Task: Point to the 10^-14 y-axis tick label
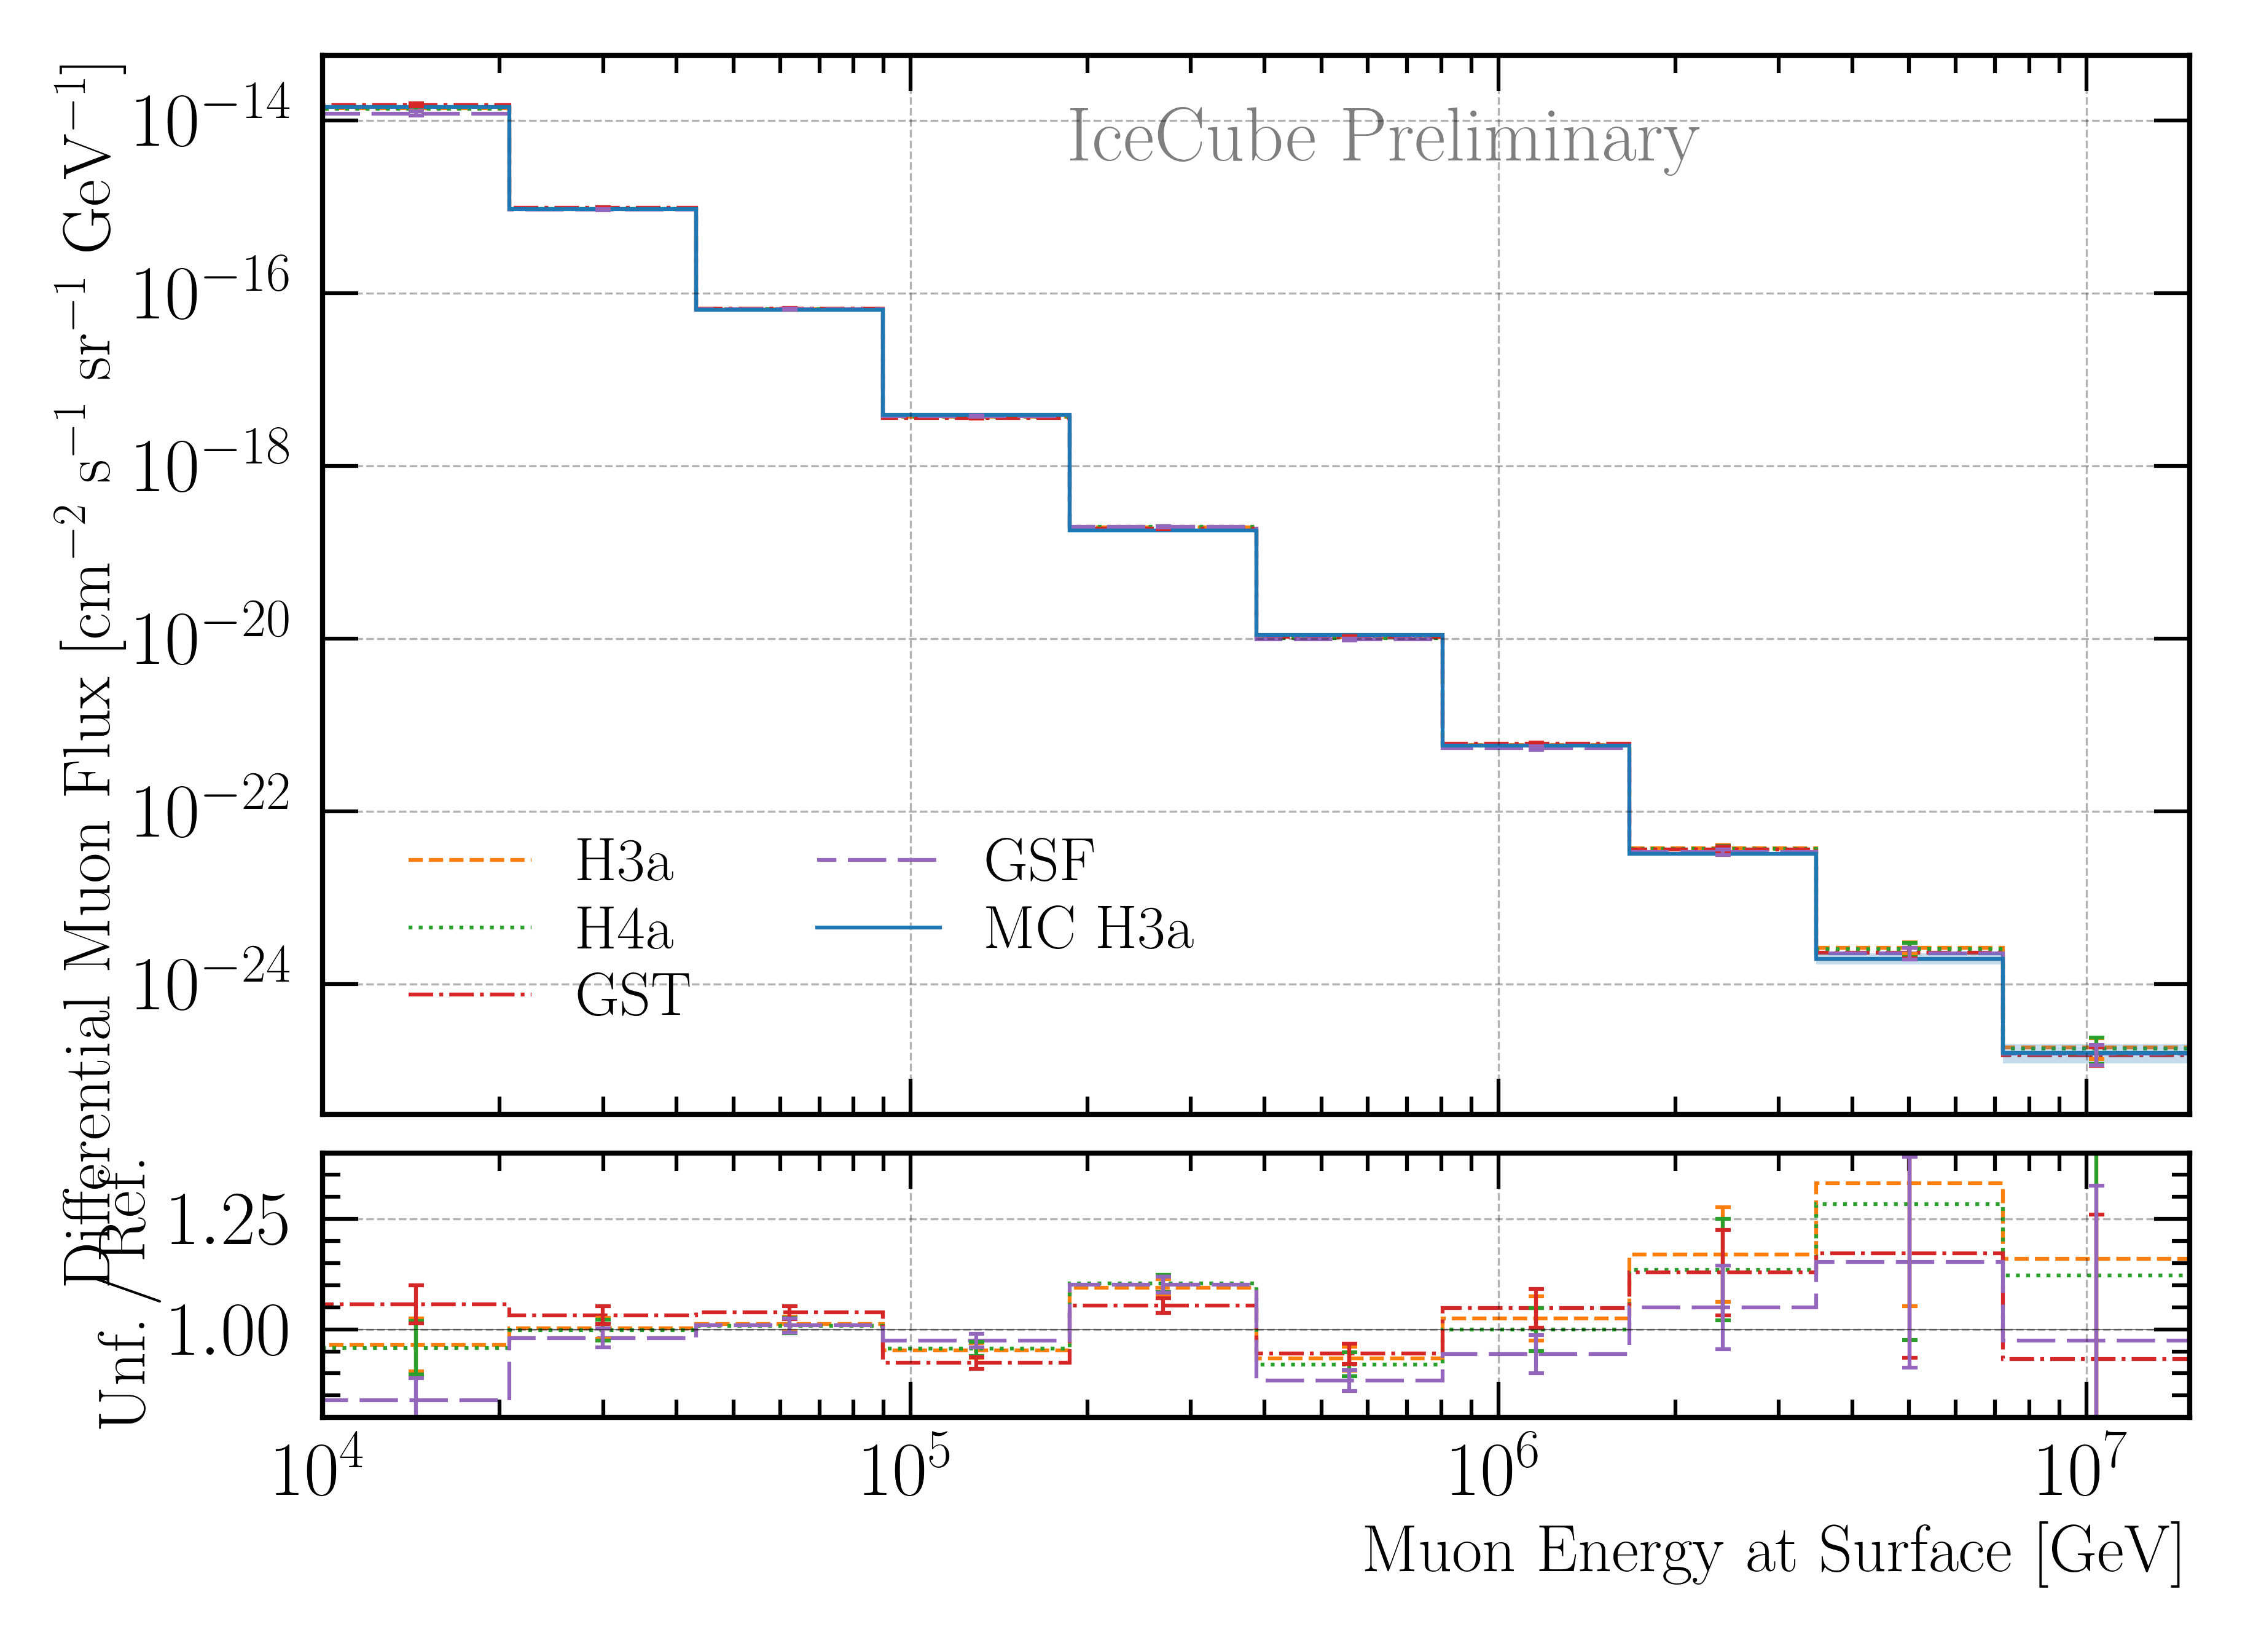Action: [x=210, y=119]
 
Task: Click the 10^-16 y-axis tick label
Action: [x=210, y=293]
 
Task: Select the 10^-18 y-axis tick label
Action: [x=210, y=465]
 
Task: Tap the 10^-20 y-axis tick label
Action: [x=210, y=639]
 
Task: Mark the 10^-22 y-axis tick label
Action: [x=210, y=811]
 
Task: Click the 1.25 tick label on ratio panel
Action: [x=227, y=1220]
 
